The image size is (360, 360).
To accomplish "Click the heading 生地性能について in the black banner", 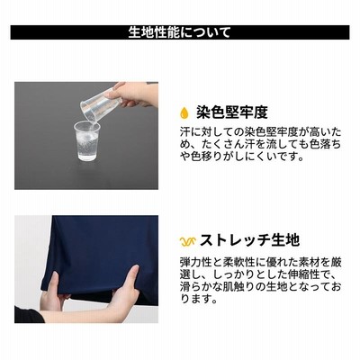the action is point(180,32).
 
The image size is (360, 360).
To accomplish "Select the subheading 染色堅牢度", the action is point(231,112).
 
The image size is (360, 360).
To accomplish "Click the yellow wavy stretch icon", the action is point(188,241).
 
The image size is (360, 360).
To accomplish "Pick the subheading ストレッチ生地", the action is point(249,240).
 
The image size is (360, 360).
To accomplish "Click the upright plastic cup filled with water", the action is point(86,140).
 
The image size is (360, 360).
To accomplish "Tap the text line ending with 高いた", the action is point(260,132).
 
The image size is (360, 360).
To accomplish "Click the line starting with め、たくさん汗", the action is point(260,144).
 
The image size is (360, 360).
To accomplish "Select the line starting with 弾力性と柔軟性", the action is point(260,262).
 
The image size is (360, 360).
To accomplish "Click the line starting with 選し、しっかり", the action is point(260,274).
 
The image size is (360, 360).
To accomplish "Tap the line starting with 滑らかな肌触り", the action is point(260,286).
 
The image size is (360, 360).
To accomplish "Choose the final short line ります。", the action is point(198,299).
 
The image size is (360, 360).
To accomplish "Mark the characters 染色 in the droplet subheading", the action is point(211,112).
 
